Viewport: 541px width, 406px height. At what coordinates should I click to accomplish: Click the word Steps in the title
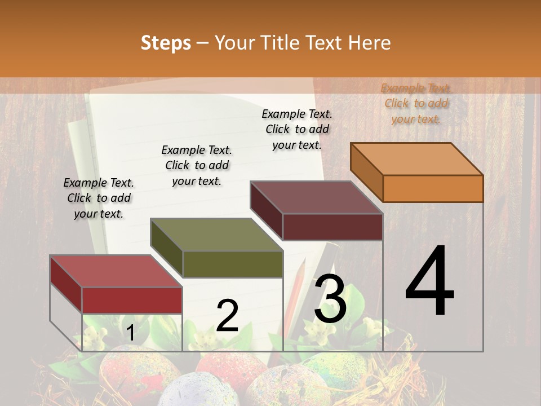coord(166,43)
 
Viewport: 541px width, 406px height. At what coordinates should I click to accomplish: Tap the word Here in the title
coord(369,43)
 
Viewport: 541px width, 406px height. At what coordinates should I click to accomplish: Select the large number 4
coord(429,282)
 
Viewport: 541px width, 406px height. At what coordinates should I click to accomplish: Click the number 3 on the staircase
coord(330,299)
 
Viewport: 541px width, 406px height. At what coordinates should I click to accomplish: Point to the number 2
coord(227,316)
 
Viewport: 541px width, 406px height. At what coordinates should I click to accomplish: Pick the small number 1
coord(131,333)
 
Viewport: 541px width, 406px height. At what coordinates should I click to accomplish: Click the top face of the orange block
coord(417,159)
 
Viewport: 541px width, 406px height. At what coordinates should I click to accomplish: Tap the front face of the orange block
coord(433,188)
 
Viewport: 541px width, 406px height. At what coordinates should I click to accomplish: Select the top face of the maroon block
coord(317,197)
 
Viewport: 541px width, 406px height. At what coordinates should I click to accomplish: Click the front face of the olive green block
coord(233,264)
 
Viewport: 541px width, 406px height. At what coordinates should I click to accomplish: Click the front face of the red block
coord(132,300)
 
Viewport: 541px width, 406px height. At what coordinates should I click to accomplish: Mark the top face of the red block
coord(116,271)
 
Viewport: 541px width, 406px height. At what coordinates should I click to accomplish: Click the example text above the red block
coord(99,198)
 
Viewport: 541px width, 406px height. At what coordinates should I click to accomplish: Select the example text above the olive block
coord(197,166)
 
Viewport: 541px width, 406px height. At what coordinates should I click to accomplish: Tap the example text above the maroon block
coord(297,129)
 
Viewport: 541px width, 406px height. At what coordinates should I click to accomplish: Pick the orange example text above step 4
coord(416,104)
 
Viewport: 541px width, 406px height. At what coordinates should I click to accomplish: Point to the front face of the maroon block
coord(332,227)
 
